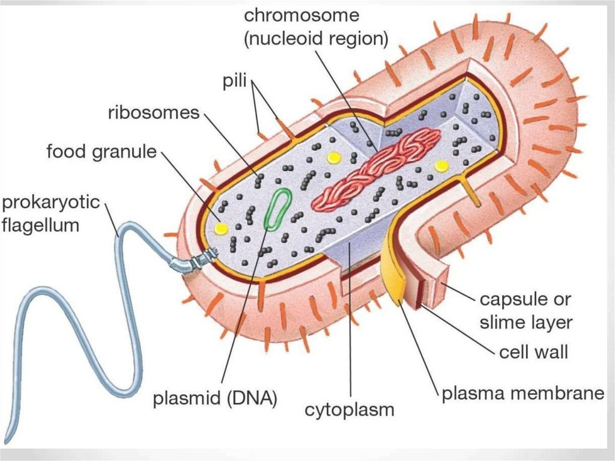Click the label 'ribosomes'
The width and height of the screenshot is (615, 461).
[x=153, y=112]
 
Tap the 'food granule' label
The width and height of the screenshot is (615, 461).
[x=101, y=151]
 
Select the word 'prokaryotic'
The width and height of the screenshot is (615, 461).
[x=50, y=203]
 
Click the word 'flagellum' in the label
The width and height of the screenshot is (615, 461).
[x=40, y=225]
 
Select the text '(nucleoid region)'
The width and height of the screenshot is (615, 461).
[x=316, y=38]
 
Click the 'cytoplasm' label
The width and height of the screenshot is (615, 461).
[x=350, y=411]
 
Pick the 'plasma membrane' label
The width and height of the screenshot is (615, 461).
[x=523, y=394]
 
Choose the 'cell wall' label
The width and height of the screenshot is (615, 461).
[x=533, y=352]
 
